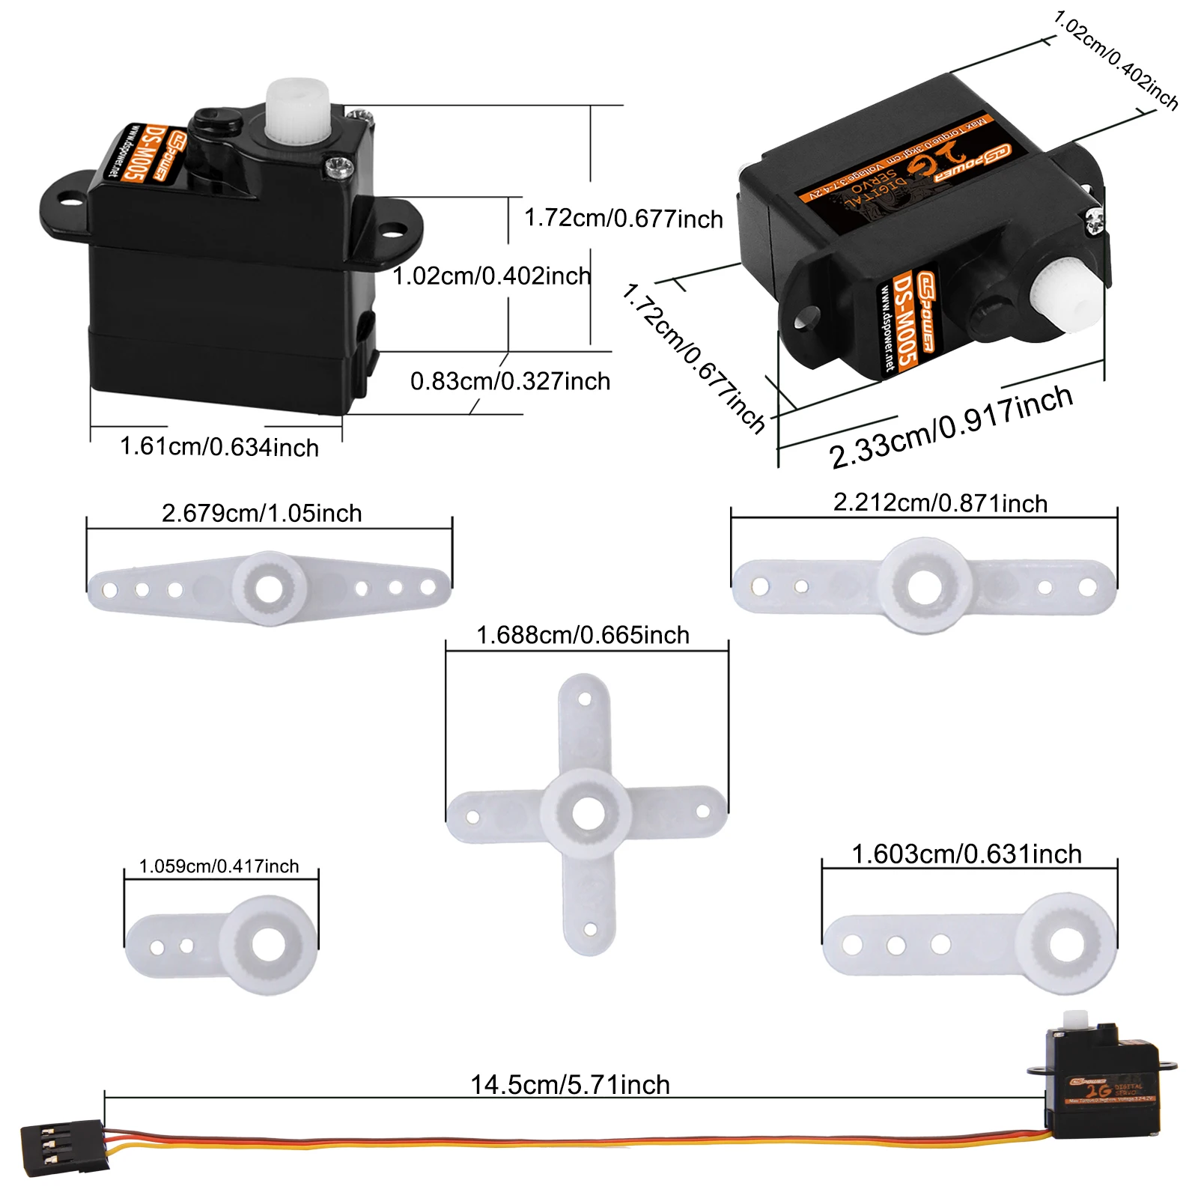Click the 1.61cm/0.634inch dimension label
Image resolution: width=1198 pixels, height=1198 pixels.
coord(219,447)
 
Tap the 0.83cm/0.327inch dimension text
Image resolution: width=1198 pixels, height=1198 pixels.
coord(510,381)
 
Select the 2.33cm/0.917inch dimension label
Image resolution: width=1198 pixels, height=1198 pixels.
coord(951,427)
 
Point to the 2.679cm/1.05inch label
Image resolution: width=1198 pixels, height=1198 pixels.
coord(262,514)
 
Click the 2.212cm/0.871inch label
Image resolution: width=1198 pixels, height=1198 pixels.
coord(940,503)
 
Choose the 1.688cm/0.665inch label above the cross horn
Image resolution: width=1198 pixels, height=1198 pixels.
coord(583,636)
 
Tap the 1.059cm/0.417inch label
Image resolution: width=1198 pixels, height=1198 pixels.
coord(219,866)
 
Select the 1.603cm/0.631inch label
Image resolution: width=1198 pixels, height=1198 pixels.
coord(967,854)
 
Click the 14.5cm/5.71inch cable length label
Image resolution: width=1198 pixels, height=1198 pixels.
coord(570,1085)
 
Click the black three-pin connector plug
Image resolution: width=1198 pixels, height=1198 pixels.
coord(63,1146)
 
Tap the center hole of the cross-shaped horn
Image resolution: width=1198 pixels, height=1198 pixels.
coord(588,812)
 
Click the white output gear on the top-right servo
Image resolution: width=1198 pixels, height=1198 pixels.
coord(1066,293)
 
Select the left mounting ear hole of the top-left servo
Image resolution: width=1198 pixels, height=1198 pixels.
coord(72,200)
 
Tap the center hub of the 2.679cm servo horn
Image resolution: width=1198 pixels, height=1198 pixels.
coord(270,589)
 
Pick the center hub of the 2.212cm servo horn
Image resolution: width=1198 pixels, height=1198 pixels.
coord(925,586)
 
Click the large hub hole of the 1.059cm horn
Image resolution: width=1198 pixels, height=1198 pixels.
coord(268,945)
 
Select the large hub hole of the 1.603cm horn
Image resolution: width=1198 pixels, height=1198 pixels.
coord(1066,943)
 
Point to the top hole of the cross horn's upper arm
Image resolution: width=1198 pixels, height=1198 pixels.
coord(586,699)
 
